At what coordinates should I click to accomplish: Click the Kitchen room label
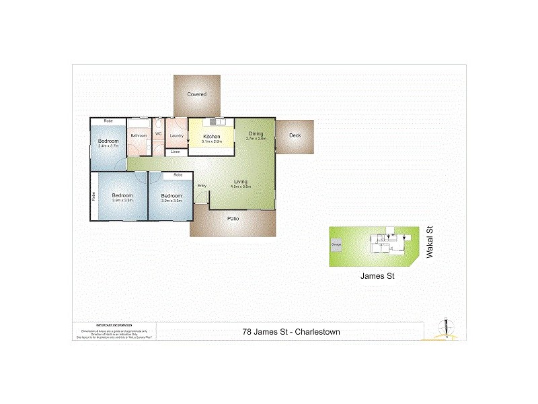click(x=212, y=137)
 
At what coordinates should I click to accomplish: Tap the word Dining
click(x=256, y=133)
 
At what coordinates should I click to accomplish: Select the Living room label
click(x=241, y=182)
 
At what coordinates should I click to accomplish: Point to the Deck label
click(x=295, y=135)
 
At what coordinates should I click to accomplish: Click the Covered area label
click(x=196, y=94)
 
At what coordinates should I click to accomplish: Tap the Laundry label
click(x=177, y=136)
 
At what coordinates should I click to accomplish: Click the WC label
click(x=159, y=134)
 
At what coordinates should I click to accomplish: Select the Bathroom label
click(x=139, y=136)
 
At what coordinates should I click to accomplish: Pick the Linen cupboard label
click(x=176, y=152)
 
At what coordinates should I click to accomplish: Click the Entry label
click(x=202, y=186)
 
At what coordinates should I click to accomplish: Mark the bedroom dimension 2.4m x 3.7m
click(x=108, y=146)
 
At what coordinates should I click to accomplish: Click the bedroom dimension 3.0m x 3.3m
click(x=171, y=200)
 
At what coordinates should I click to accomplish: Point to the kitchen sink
click(x=216, y=122)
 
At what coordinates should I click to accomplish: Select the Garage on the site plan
click(x=336, y=244)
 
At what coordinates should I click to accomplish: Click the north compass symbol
click(x=443, y=328)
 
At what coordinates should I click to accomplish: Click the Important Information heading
click(x=113, y=325)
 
